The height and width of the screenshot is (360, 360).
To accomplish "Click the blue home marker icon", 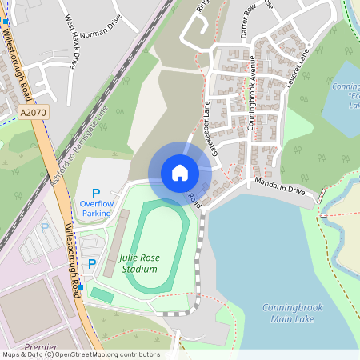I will (x=180, y=172).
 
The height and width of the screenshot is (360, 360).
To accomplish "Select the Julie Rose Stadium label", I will (x=138, y=263).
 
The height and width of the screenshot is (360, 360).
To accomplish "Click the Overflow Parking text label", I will (x=96, y=208).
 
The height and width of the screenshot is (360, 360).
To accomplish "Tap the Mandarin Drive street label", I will (x=280, y=190).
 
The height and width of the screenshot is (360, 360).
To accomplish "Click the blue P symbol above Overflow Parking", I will (x=96, y=193).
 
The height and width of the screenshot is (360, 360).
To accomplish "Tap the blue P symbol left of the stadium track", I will (x=93, y=263).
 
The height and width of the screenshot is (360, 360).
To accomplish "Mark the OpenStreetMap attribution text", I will (x=80, y=354).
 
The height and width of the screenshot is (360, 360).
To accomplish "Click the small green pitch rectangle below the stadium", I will (x=102, y=295).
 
